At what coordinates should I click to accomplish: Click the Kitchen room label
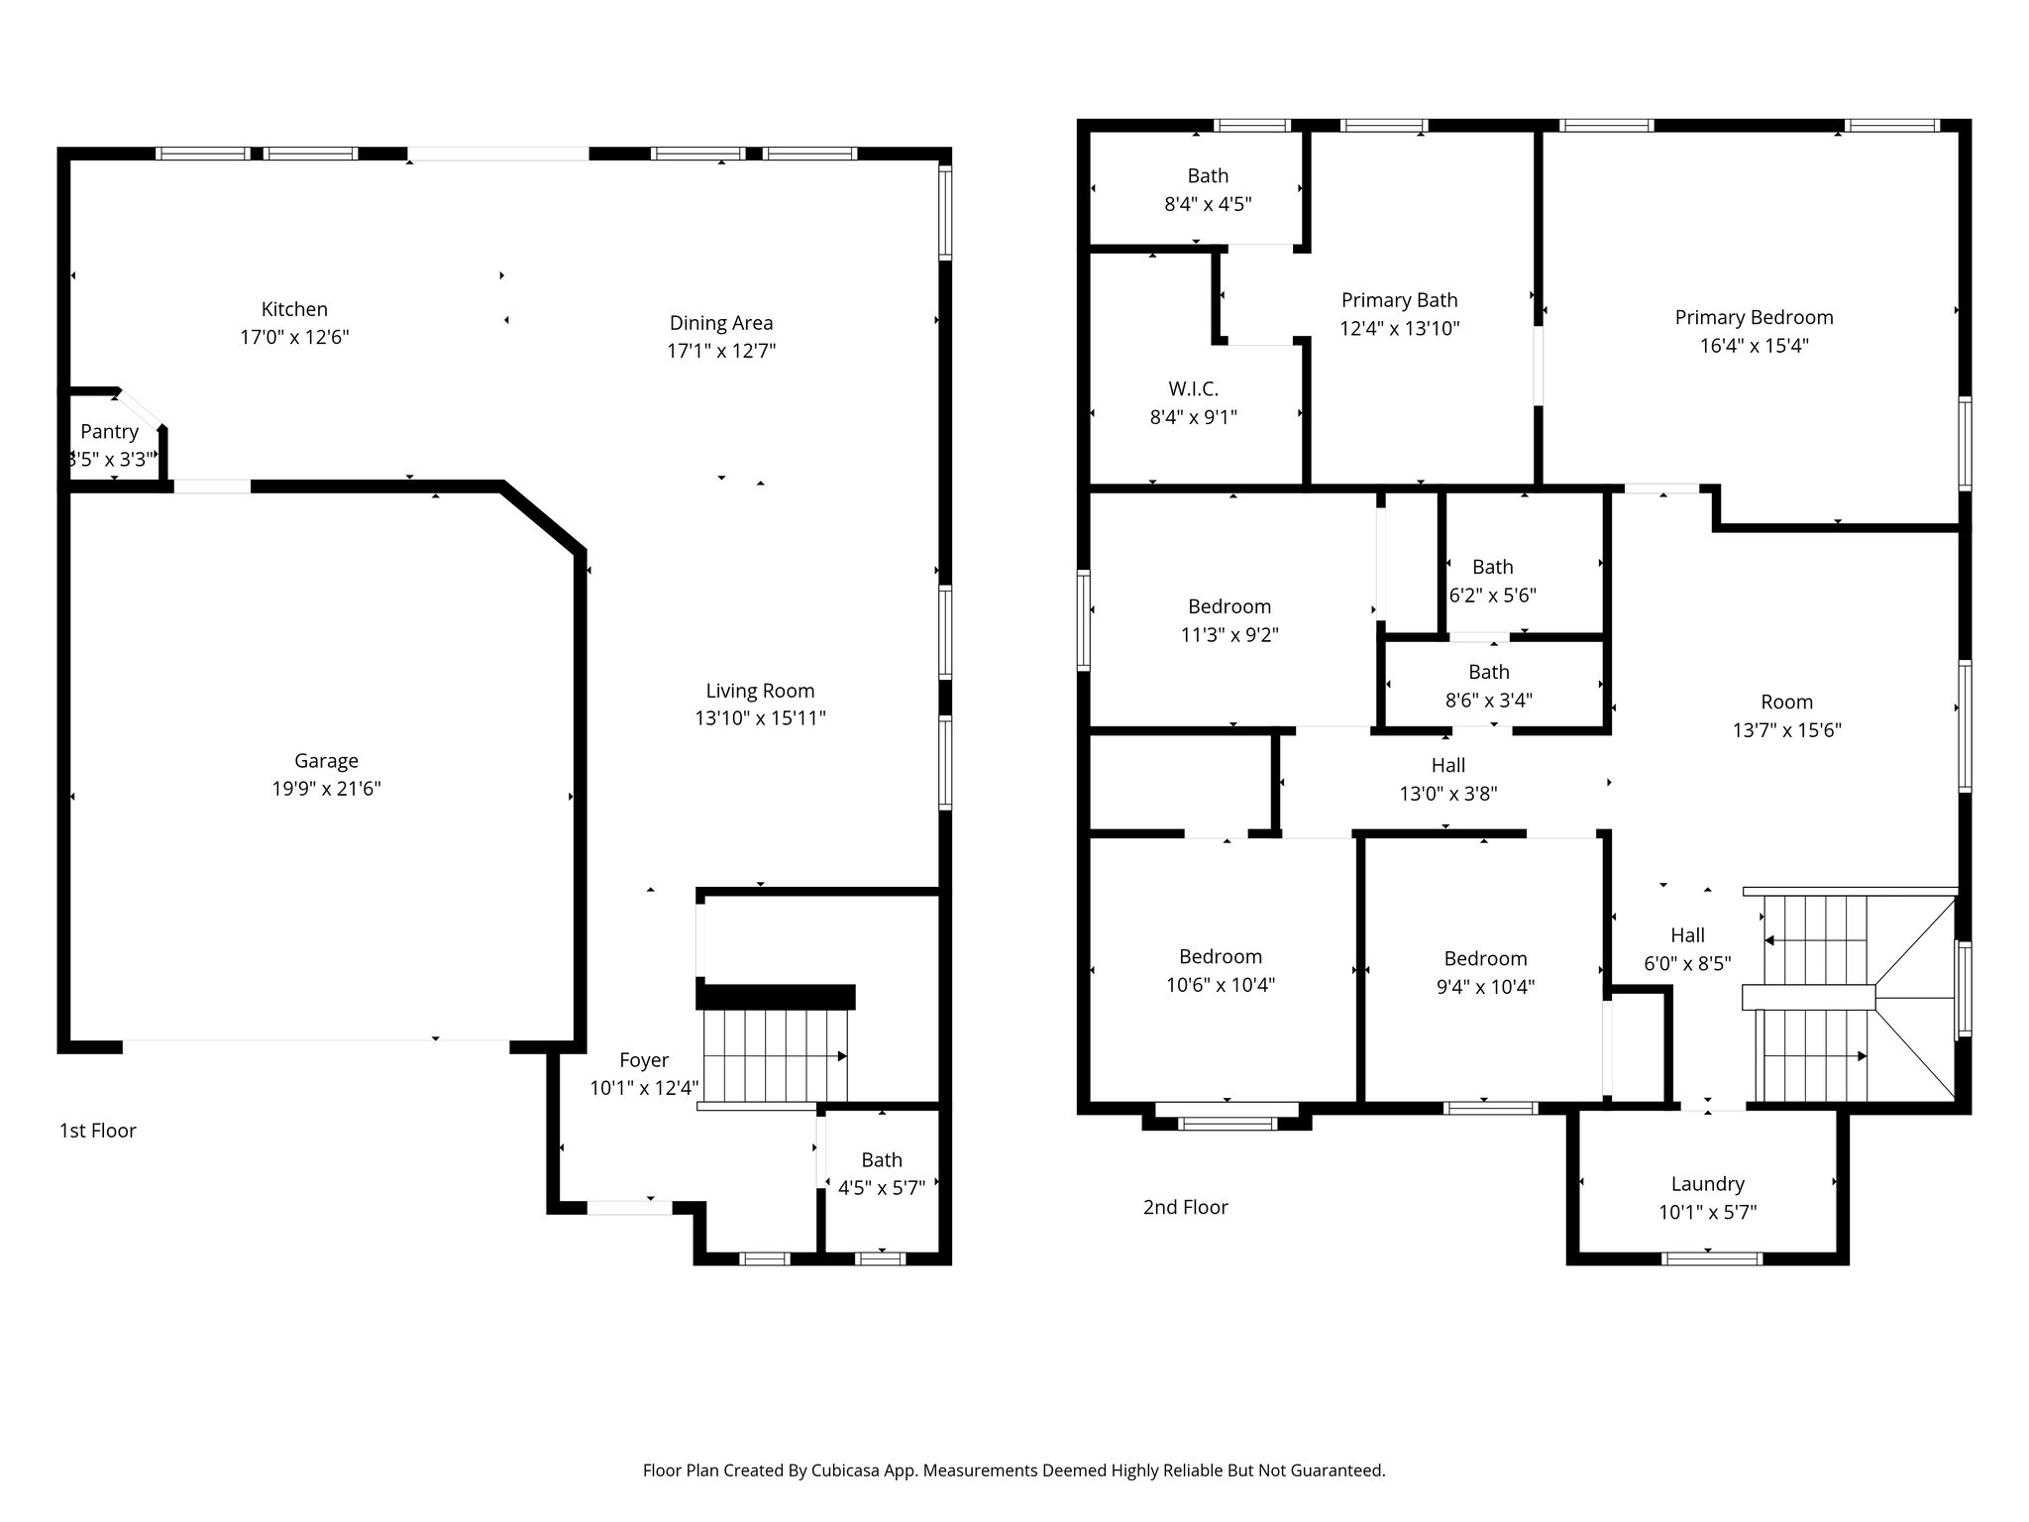tap(294, 309)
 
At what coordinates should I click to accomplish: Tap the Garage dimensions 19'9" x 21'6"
tap(326, 790)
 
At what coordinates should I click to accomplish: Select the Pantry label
tap(109, 432)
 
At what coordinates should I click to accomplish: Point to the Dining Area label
tap(720, 323)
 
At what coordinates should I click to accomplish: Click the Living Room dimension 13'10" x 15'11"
tap(760, 718)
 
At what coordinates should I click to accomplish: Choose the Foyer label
tap(644, 1060)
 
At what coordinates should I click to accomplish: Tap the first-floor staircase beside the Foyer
tap(773, 1055)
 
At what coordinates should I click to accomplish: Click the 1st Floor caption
tap(97, 1131)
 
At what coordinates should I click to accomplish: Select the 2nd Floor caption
tap(1185, 1207)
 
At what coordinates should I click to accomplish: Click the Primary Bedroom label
tap(1754, 318)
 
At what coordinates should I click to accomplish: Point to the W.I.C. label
tap(1193, 389)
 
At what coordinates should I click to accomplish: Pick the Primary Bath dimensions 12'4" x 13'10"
tap(1399, 329)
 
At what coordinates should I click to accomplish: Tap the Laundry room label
tap(1707, 1184)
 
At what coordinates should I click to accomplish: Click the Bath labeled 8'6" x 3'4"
tap(1488, 673)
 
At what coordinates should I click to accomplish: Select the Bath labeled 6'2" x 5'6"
tap(1492, 568)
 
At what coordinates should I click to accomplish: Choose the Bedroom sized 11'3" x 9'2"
tap(1228, 607)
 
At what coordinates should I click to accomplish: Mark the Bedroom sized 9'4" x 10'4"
tap(1484, 959)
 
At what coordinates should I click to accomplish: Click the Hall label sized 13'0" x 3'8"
tap(1447, 766)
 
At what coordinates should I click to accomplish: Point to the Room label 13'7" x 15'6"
tap(1786, 703)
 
